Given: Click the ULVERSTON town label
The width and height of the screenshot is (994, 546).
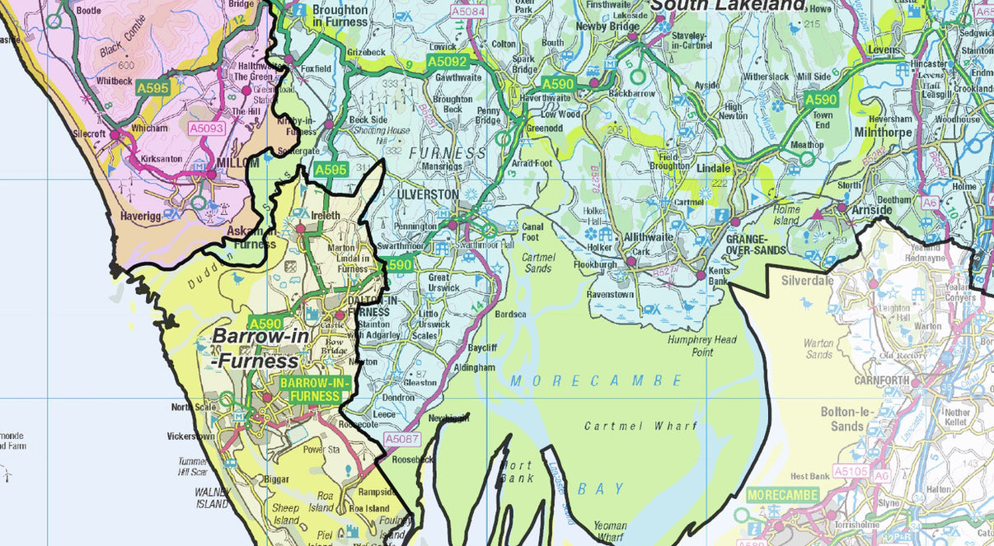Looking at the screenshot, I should (x=428, y=194).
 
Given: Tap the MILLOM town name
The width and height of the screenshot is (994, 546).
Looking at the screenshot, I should (x=237, y=163).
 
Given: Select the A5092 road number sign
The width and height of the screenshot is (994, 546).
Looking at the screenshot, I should (x=447, y=61).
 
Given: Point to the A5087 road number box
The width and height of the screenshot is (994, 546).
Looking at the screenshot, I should (x=402, y=439).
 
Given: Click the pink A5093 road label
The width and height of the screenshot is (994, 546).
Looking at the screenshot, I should (x=206, y=128).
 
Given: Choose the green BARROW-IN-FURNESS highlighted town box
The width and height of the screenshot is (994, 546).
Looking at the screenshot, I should (x=315, y=390).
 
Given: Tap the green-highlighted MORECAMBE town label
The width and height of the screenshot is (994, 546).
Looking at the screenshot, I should (x=783, y=495).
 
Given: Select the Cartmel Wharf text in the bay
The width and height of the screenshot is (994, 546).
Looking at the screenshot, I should (x=640, y=426).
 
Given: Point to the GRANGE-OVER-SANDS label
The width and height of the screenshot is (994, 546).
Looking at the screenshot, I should (x=756, y=244).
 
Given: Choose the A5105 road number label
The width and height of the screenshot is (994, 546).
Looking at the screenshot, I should (x=851, y=471).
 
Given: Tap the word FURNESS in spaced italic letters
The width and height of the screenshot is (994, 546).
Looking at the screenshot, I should (x=453, y=153).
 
